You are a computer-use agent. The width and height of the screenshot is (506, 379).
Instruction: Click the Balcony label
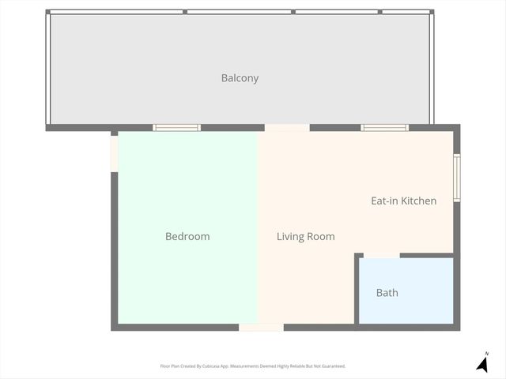pyautogui.click(x=240, y=78)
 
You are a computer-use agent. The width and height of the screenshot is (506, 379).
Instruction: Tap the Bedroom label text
pyautogui.click(x=187, y=236)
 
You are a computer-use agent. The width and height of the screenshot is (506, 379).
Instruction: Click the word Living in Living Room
pyautogui.click(x=289, y=236)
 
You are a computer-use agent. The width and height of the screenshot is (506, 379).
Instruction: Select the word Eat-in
pyautogui.click(x=384, y=201)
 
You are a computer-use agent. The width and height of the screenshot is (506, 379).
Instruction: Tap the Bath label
pyautogui.click(x=387, y=293)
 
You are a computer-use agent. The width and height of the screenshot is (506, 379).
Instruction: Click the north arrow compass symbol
pyautogui.click(x=481, y=363)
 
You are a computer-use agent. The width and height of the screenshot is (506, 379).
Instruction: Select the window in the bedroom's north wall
pyautogui.click(x=176, y=128)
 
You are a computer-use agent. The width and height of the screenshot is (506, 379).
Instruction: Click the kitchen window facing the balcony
pyautogui.click(x=384, y=128)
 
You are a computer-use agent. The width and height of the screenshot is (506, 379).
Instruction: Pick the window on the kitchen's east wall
pyautogui.click(x=456, y=178)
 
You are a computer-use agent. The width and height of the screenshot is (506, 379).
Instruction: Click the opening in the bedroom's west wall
pyautogui.click(x=115, y=153)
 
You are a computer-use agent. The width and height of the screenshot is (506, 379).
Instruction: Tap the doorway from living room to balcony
pyautogui.click(x=286, y=128)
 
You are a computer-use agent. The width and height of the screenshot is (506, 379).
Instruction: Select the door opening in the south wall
pyautogui.click(x=261, y=327)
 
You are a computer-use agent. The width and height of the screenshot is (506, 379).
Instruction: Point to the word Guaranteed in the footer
pyautogui.click(x=331, y=366)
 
